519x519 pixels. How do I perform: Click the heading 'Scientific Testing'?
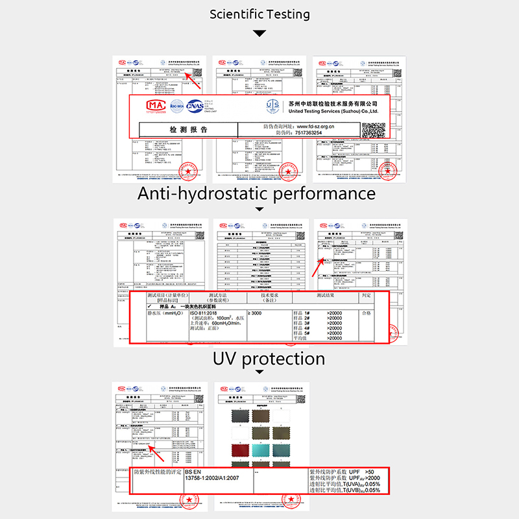[259, 14]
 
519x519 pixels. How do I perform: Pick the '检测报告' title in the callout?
[189, 130]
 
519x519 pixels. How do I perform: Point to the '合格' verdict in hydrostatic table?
[366, 313]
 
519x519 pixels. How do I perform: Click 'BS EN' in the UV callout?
[193, 472]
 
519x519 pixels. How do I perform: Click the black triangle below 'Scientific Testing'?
[259, 33]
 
